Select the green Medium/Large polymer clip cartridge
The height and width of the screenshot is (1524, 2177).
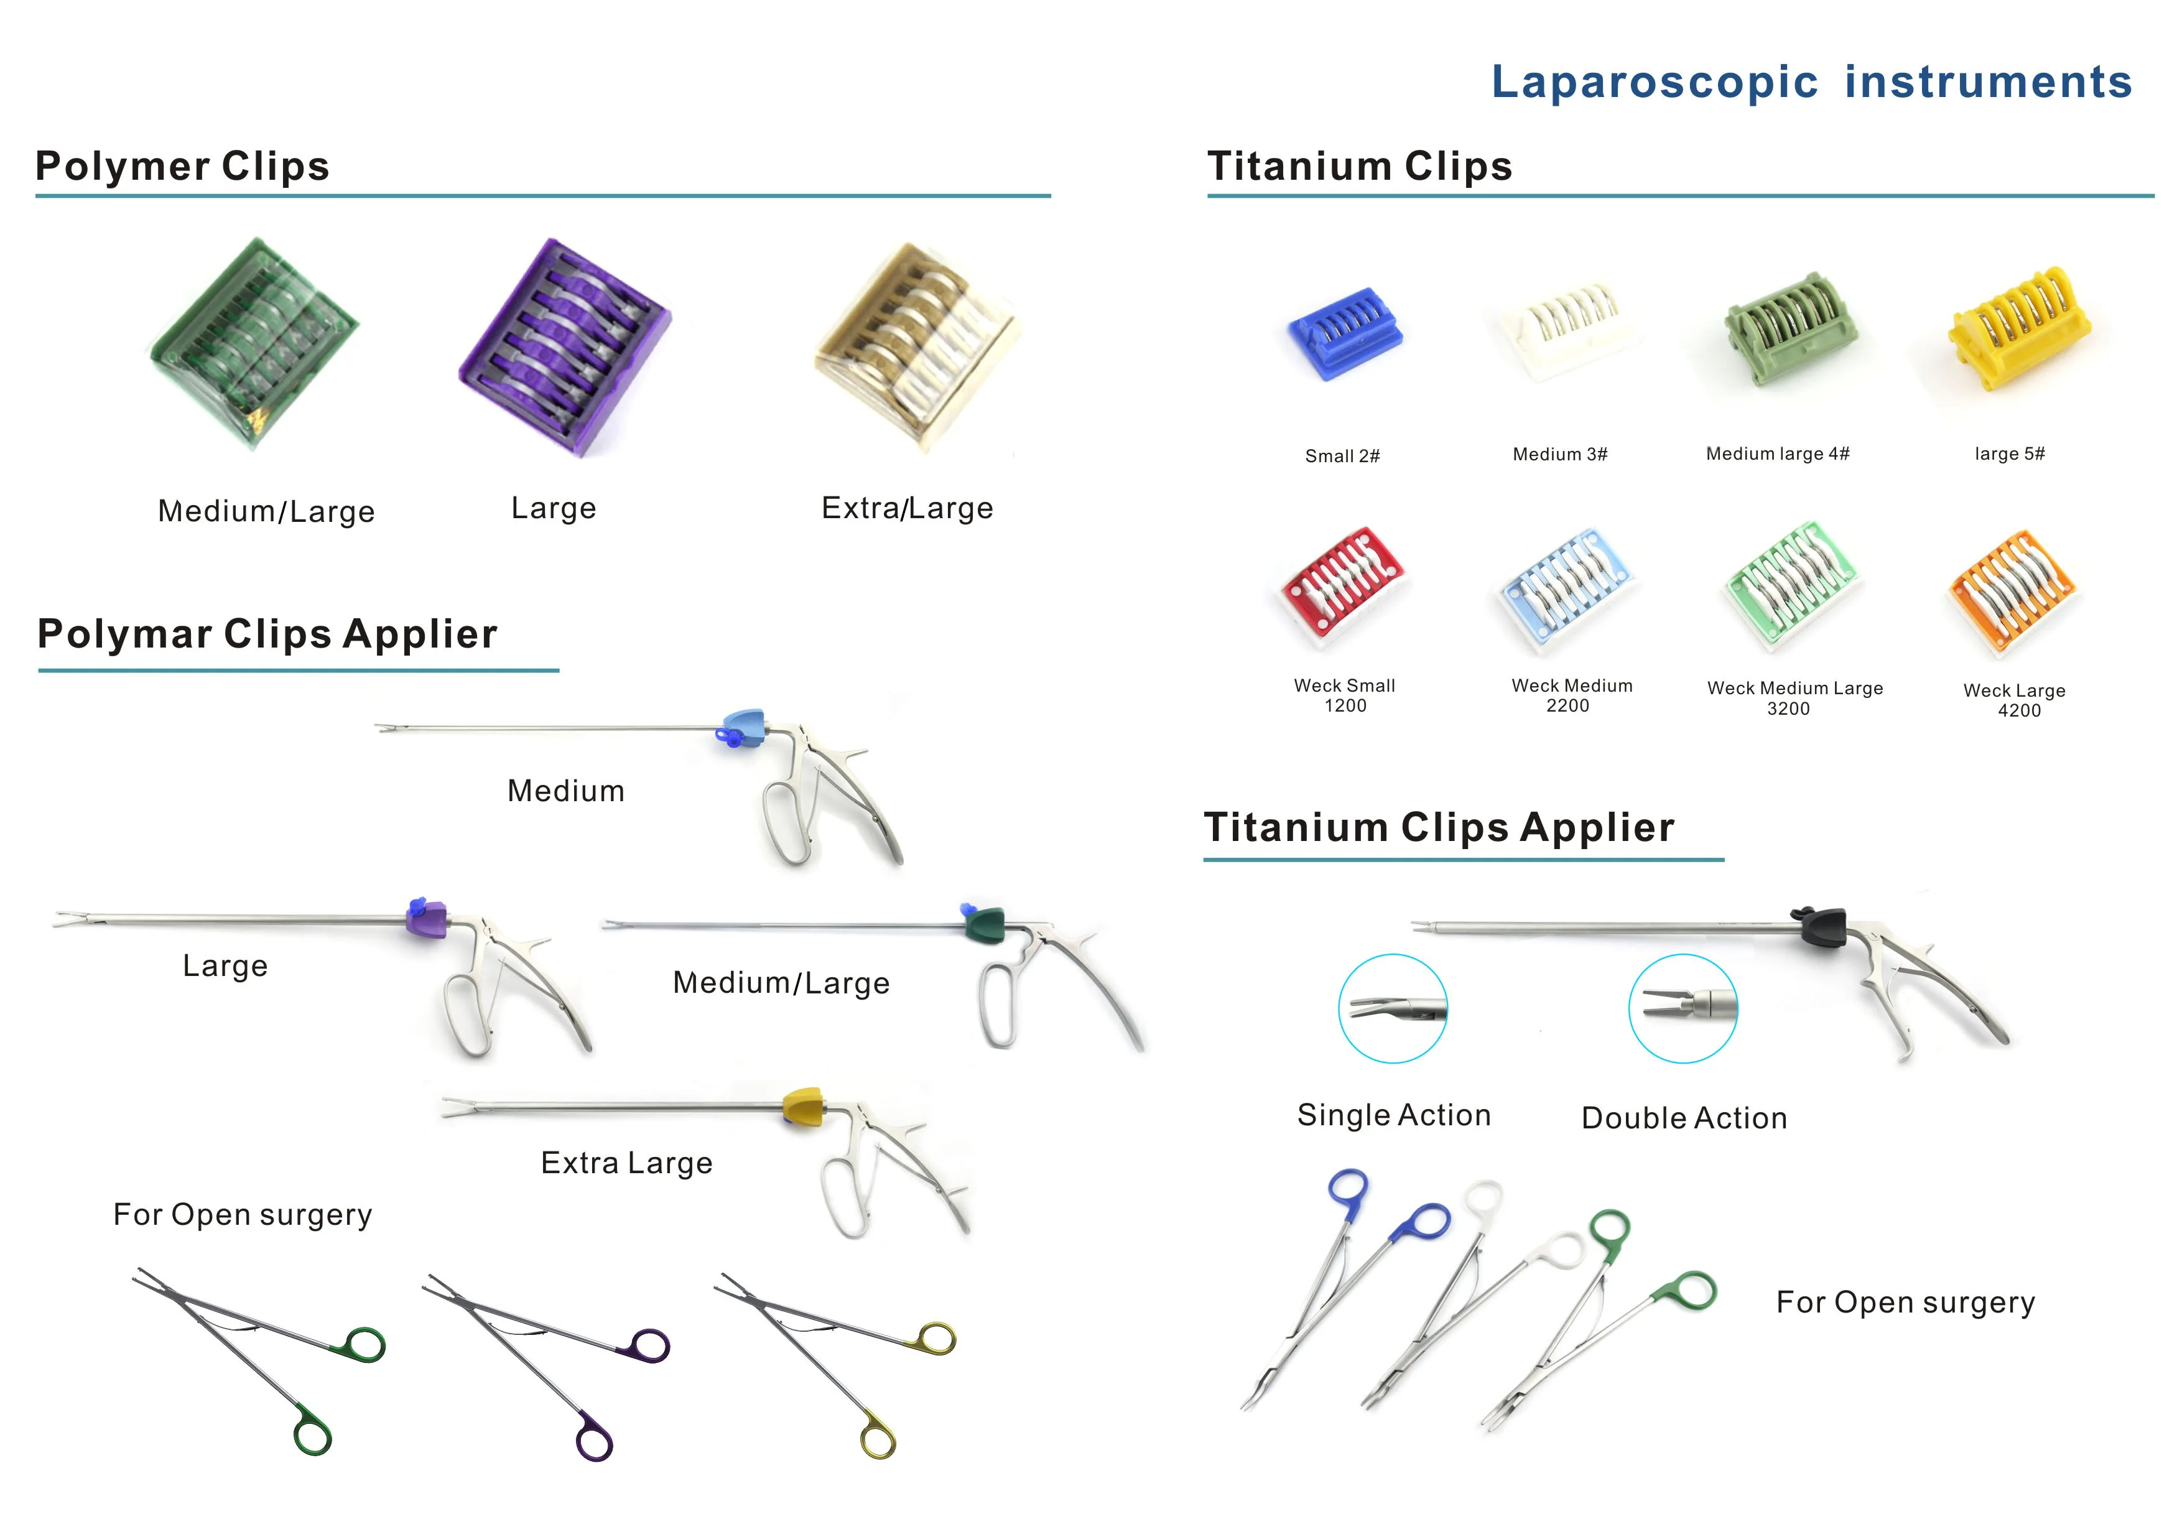click(x=254, y=343)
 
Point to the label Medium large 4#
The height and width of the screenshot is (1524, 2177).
click(x=1777, y=454)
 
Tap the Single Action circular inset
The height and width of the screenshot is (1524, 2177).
click(x=1392, y=1008)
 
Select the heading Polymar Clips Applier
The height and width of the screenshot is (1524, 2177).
click(x=267, y=633)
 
